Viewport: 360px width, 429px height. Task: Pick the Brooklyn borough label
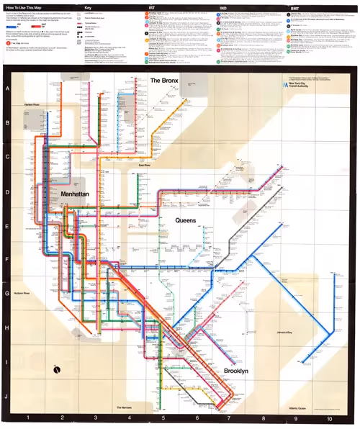(x=235, y=371)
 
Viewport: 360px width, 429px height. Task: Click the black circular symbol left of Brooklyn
(x=57, y=370)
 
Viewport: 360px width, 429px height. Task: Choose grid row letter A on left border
(x=6, y=89)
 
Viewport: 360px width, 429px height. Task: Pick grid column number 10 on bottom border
(x=329, y=418)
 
